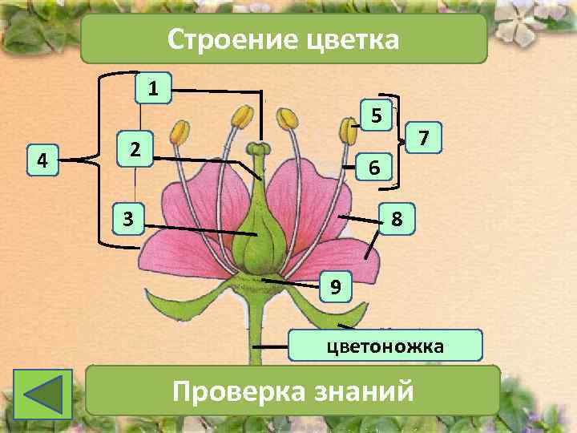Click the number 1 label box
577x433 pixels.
click(x=152, y=87)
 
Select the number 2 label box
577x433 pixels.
click(x=136, y=148)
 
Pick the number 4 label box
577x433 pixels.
click(x=42, y=160)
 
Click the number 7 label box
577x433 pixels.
click(x=427, y=140)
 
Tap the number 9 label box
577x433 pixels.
click(x=336, y=286)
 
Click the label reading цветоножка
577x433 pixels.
click(x=387, y=346)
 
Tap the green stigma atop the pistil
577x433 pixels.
click(x=257, y=148)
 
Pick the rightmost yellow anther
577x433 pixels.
click(x=349, y=128)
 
